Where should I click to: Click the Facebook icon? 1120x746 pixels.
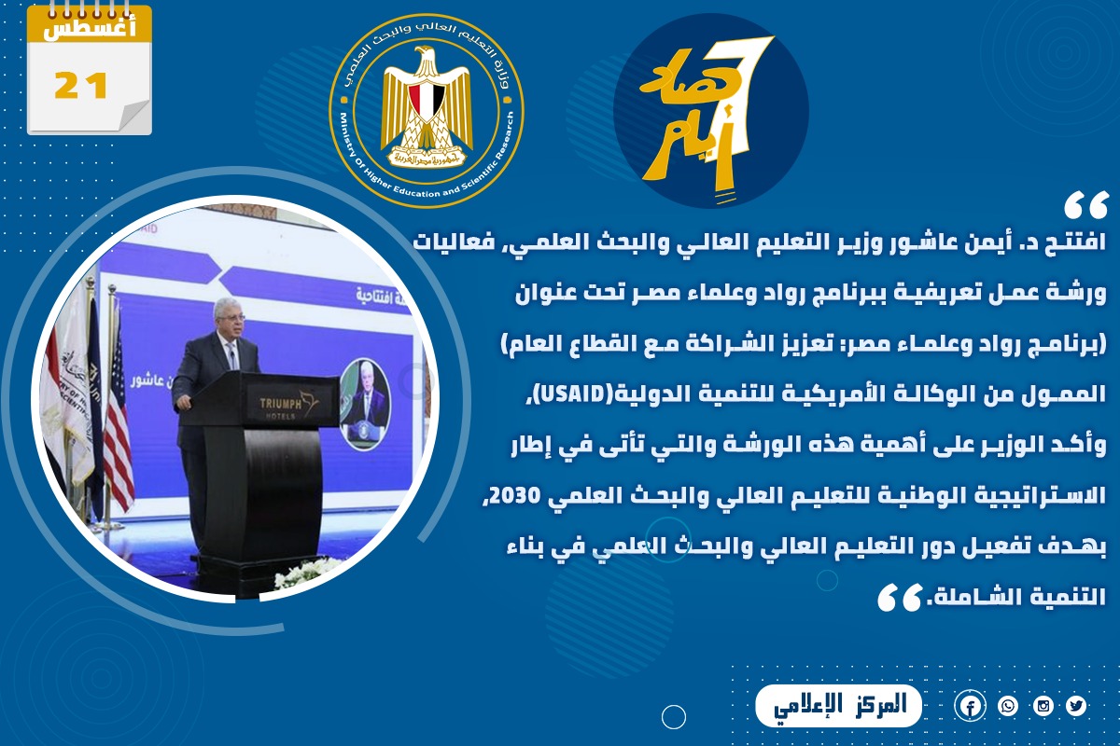(x=970, y=707)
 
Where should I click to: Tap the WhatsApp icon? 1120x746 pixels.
(x=1008, y=706)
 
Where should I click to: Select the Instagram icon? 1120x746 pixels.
(x=1043, y=706)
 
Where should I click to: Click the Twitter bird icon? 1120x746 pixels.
(x=1076, y=706)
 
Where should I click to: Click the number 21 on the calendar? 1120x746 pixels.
(x=81, y=86)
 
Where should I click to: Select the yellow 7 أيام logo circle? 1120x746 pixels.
(x=711, y=111)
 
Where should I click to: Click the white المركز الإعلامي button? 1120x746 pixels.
(x=838, y=706)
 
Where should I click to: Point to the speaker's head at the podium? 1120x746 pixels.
(x=228, y=316)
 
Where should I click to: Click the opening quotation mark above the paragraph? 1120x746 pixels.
(x=1086, y=206)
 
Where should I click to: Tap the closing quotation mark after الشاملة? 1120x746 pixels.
(x=900, y=598)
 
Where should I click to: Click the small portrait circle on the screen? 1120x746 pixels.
(x=364, y=404)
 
